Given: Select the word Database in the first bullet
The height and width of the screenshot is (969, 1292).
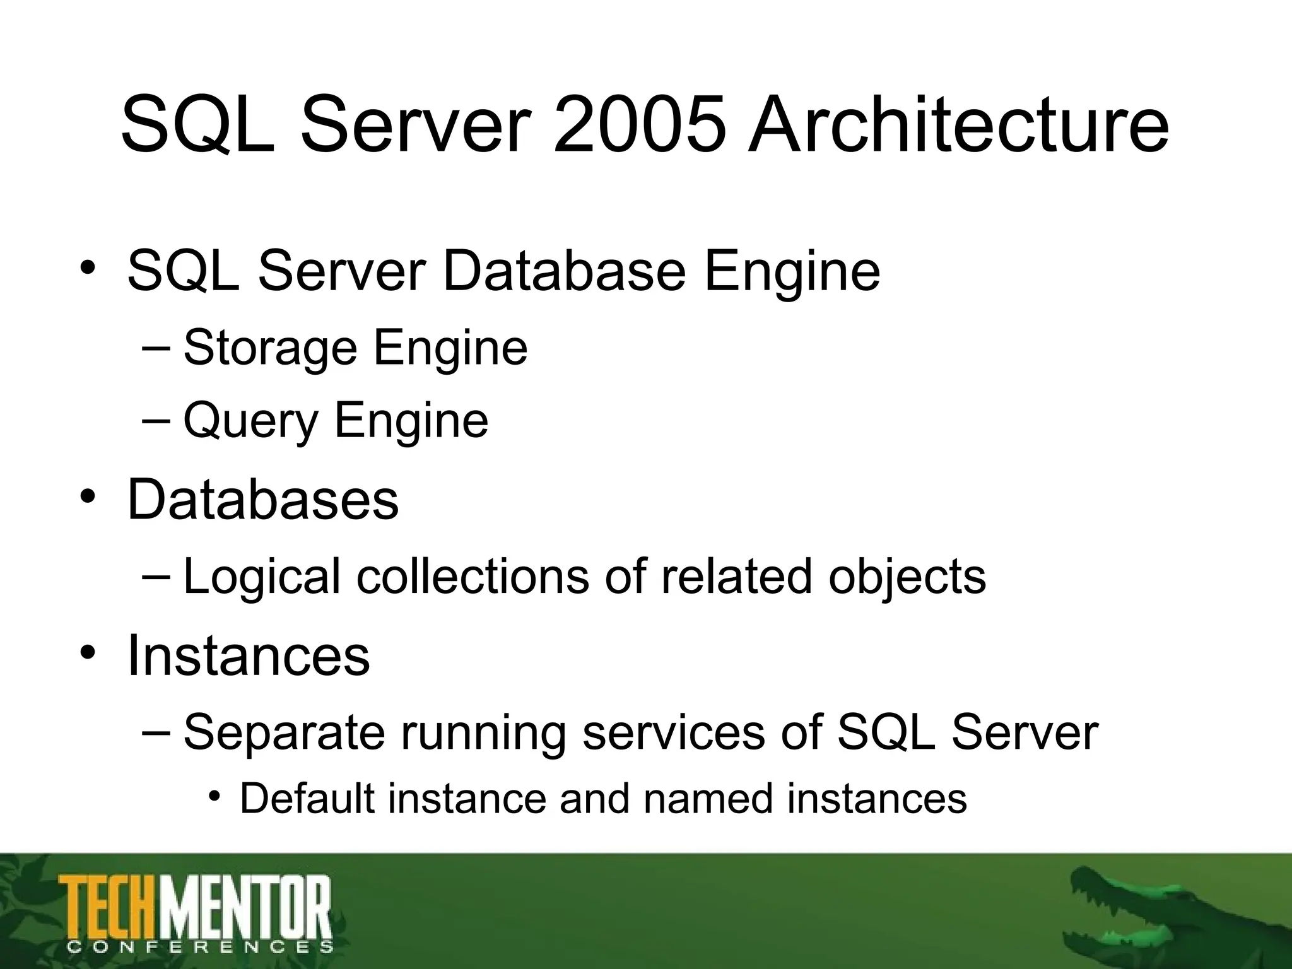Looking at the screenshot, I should click(x=564, y=271).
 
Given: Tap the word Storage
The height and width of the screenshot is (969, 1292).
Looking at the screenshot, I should click(x=271, y=348).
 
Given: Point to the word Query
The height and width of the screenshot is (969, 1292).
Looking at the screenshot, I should click(x=250, y=421).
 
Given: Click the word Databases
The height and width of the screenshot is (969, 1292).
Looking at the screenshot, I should click(x=263, y=499).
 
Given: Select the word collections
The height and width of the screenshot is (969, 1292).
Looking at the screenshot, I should click(x=472, y=577).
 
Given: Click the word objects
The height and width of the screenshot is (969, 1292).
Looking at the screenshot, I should click(x=907, y=577).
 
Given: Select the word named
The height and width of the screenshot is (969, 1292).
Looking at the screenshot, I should click(x=708, y=799).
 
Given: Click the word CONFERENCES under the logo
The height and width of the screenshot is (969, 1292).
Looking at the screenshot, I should click(x=200, y=947).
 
